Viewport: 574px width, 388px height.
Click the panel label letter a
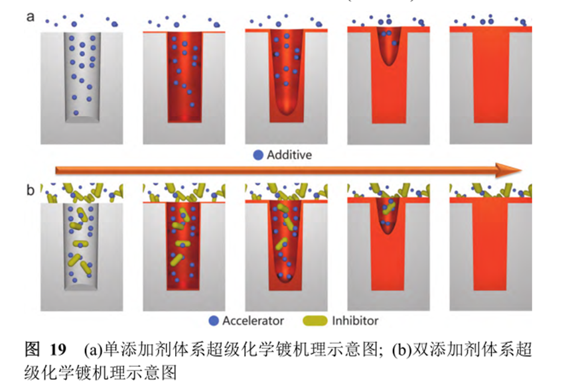point(31,17)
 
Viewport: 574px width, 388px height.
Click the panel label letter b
point(31,190)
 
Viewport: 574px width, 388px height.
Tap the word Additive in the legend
point(289,155)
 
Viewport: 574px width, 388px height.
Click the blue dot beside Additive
point(258,155)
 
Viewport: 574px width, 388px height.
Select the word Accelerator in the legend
point(253,321)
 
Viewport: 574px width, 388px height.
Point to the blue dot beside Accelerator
point(214,321)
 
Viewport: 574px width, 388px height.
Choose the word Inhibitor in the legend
point(355,321)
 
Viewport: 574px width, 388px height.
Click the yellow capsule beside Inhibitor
point(315,321)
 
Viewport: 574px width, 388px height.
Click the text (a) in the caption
point(93,350)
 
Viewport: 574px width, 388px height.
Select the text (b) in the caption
point(401,350)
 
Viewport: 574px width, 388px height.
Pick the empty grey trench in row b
point(81,246)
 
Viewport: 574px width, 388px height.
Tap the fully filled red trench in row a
point(491,77)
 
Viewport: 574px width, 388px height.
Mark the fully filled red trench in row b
point(490,246)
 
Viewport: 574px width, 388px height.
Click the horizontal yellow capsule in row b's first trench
point(80,243)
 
